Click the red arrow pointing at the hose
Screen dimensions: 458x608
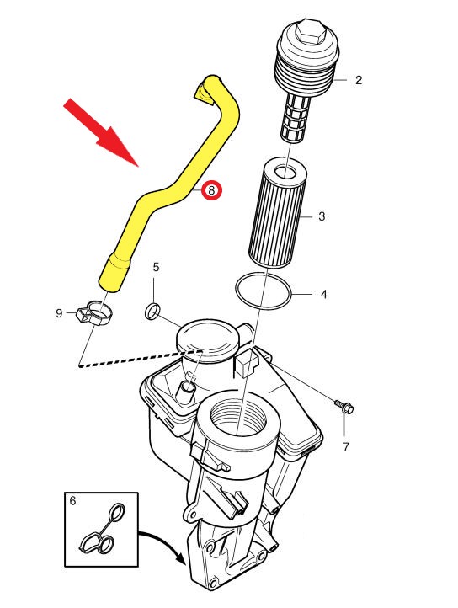point(102,132)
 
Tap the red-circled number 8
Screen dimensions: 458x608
point(212,190)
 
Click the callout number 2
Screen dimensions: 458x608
point(359,80)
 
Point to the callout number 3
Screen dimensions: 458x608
point(322,216)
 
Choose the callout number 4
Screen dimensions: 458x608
point(324,294)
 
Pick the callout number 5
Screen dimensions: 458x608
point(156,267)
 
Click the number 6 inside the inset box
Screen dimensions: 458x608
point(72,501)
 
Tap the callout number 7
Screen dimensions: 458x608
point(346,447)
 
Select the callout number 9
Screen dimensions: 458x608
point(59,313)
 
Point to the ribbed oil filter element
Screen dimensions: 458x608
point(275,211)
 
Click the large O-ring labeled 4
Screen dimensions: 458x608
point(264,291)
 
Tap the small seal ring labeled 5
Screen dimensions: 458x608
point(152,312)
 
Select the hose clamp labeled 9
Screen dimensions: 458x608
point(95,312)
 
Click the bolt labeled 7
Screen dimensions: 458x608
point(344,406)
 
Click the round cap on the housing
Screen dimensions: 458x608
point(206,340)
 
